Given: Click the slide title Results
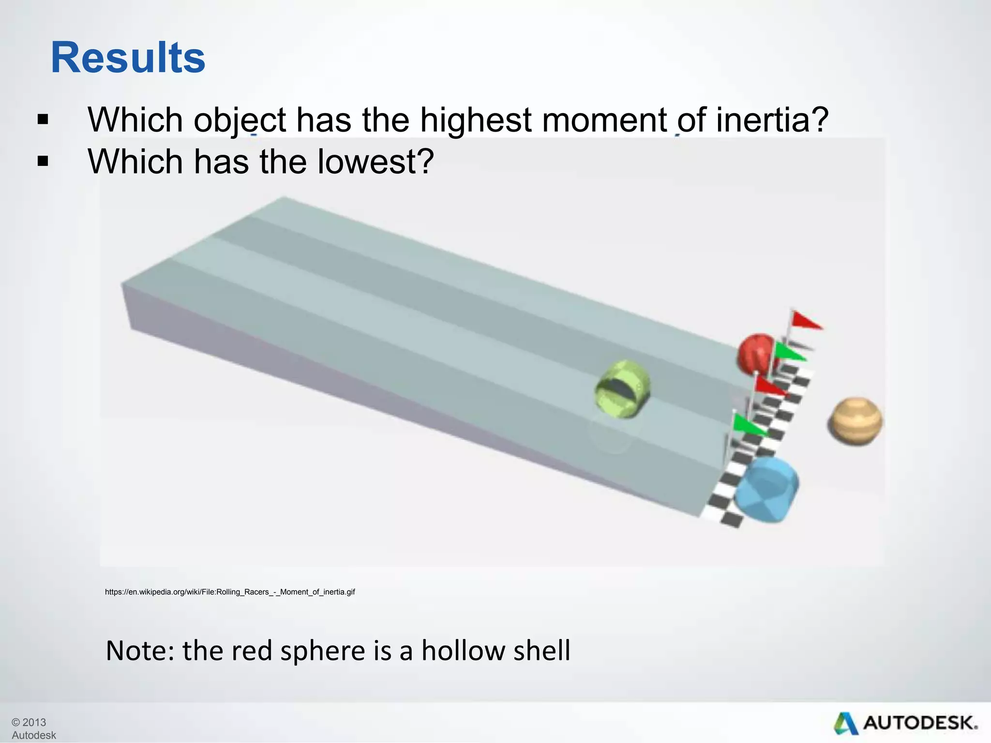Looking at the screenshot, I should coord(128,58).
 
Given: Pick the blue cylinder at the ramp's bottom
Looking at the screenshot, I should coord(766,490).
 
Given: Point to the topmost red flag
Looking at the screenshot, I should coord(805,320).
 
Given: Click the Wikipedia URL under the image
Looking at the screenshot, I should coord(230,592).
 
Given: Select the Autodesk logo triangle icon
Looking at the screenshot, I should coord(845,723).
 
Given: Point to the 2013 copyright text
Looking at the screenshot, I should coord(29,722).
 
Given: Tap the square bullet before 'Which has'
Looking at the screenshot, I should coord(43,162).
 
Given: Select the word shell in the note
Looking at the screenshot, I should coord(542,650).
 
